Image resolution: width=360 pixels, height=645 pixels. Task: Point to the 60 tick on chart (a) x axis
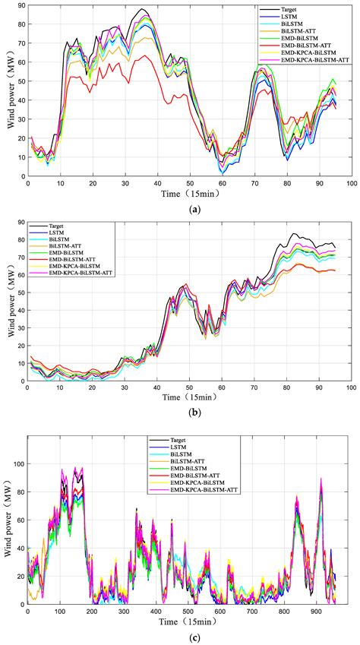(222, 184)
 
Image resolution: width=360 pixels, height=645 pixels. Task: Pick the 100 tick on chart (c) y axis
(17, 463)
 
